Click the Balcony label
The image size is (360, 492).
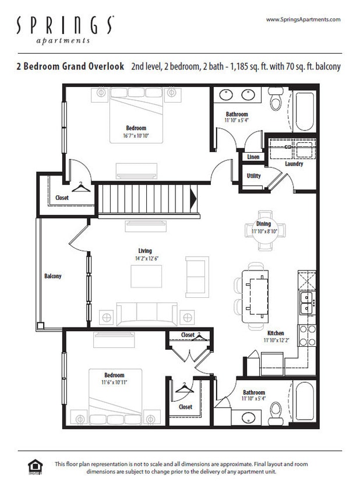point(52,276)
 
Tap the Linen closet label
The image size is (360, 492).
point(253,157)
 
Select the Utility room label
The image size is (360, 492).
point(253,176)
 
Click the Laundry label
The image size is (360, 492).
point(294,164)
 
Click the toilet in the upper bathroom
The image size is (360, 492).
point(276,103)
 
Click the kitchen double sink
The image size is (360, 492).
point(305,304)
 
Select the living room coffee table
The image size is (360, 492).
point(146,276)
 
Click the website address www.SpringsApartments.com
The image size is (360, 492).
point(303,20)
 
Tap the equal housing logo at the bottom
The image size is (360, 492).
point(36,466)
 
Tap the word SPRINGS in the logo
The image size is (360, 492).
point(65,26)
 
